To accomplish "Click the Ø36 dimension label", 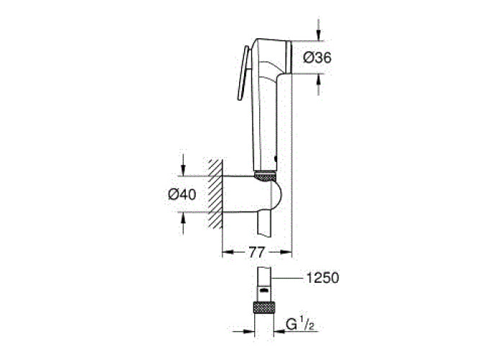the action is [x=318, y=58].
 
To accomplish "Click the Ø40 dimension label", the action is [x=182, y=194].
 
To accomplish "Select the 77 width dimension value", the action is [x=257, y=252].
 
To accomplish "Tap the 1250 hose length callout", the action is [x=322, y=278].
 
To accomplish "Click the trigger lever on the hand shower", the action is [x=243, y=73].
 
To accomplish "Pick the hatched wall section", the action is [x=215, y=194].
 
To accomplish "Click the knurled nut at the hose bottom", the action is [x=264, y=307].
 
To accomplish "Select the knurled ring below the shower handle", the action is [x=265, y=176].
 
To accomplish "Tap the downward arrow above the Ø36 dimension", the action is [x=318, y=30].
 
